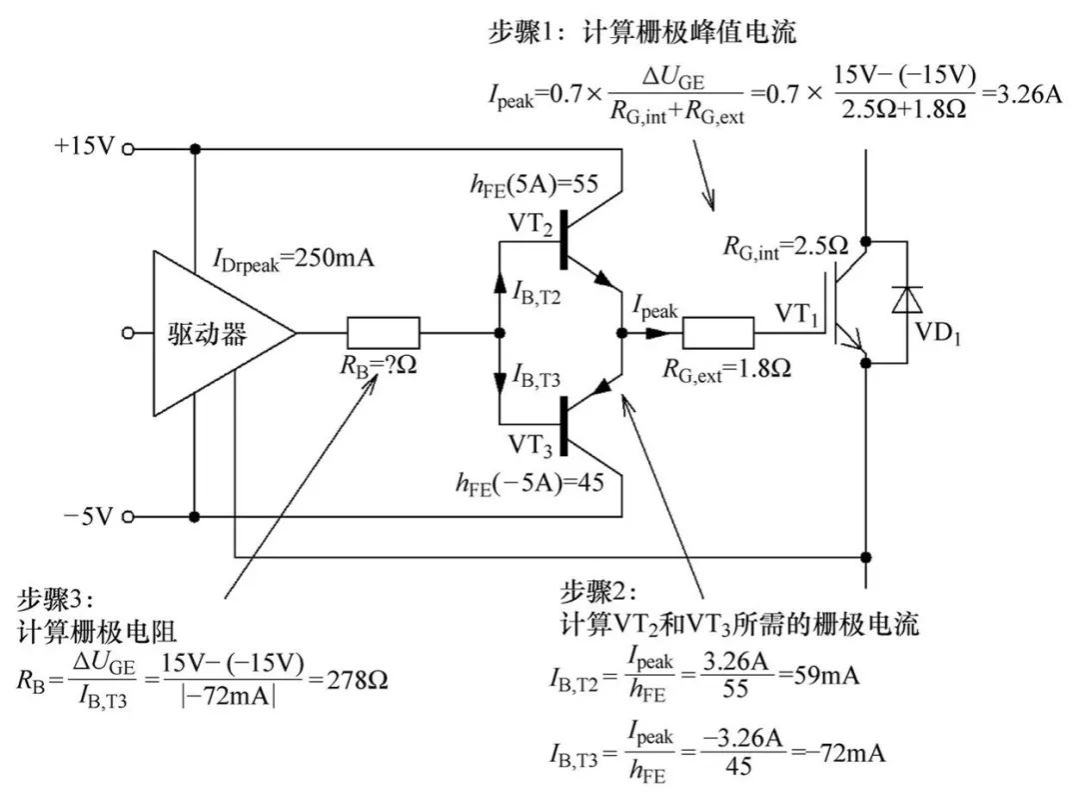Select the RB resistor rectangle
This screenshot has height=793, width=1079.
tap(384, 333)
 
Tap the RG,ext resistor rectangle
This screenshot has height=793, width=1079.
tap(717, 333)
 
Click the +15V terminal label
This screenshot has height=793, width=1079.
tap(84, 146)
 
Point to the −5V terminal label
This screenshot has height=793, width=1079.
tap(87, 516)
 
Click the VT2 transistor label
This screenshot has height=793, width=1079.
tap(530, 224)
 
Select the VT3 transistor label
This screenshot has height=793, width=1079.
tap(530, 445)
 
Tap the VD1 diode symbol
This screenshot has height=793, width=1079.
tap(906, 300)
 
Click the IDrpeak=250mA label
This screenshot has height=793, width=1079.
tap(294, 260)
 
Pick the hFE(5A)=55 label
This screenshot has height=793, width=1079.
tap(534, 185)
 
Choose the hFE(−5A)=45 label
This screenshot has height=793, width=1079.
tap(530, 483)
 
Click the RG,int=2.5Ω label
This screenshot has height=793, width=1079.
tap(785, 246)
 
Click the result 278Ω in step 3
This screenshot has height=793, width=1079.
tap(357, 680)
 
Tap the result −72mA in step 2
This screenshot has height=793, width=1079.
tap(846, 752)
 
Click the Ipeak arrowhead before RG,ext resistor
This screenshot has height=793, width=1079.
tap(656, 333)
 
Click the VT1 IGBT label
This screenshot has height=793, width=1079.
tap(796, 314)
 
